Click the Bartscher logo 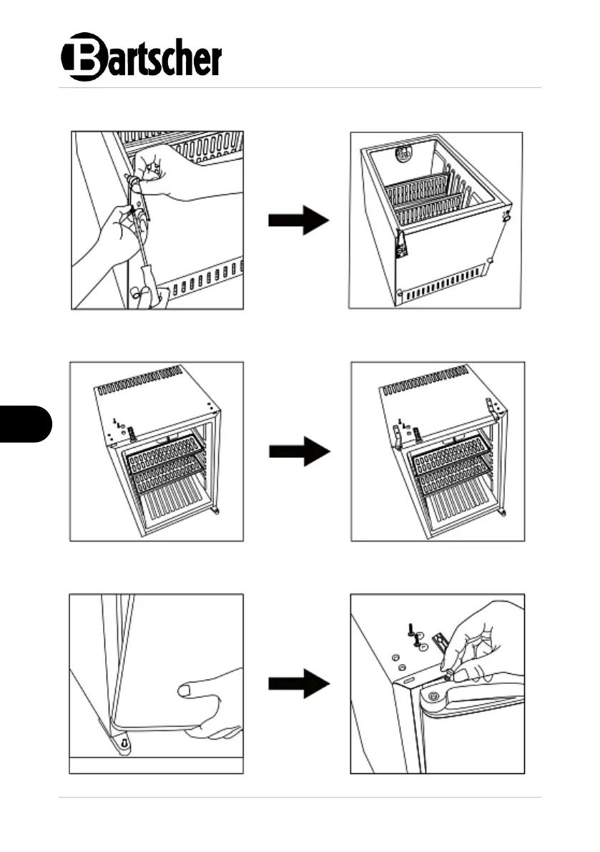[x=142, y=57]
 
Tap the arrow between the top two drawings [x=298, y=221]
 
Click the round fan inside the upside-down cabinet [x=404, y=154]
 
